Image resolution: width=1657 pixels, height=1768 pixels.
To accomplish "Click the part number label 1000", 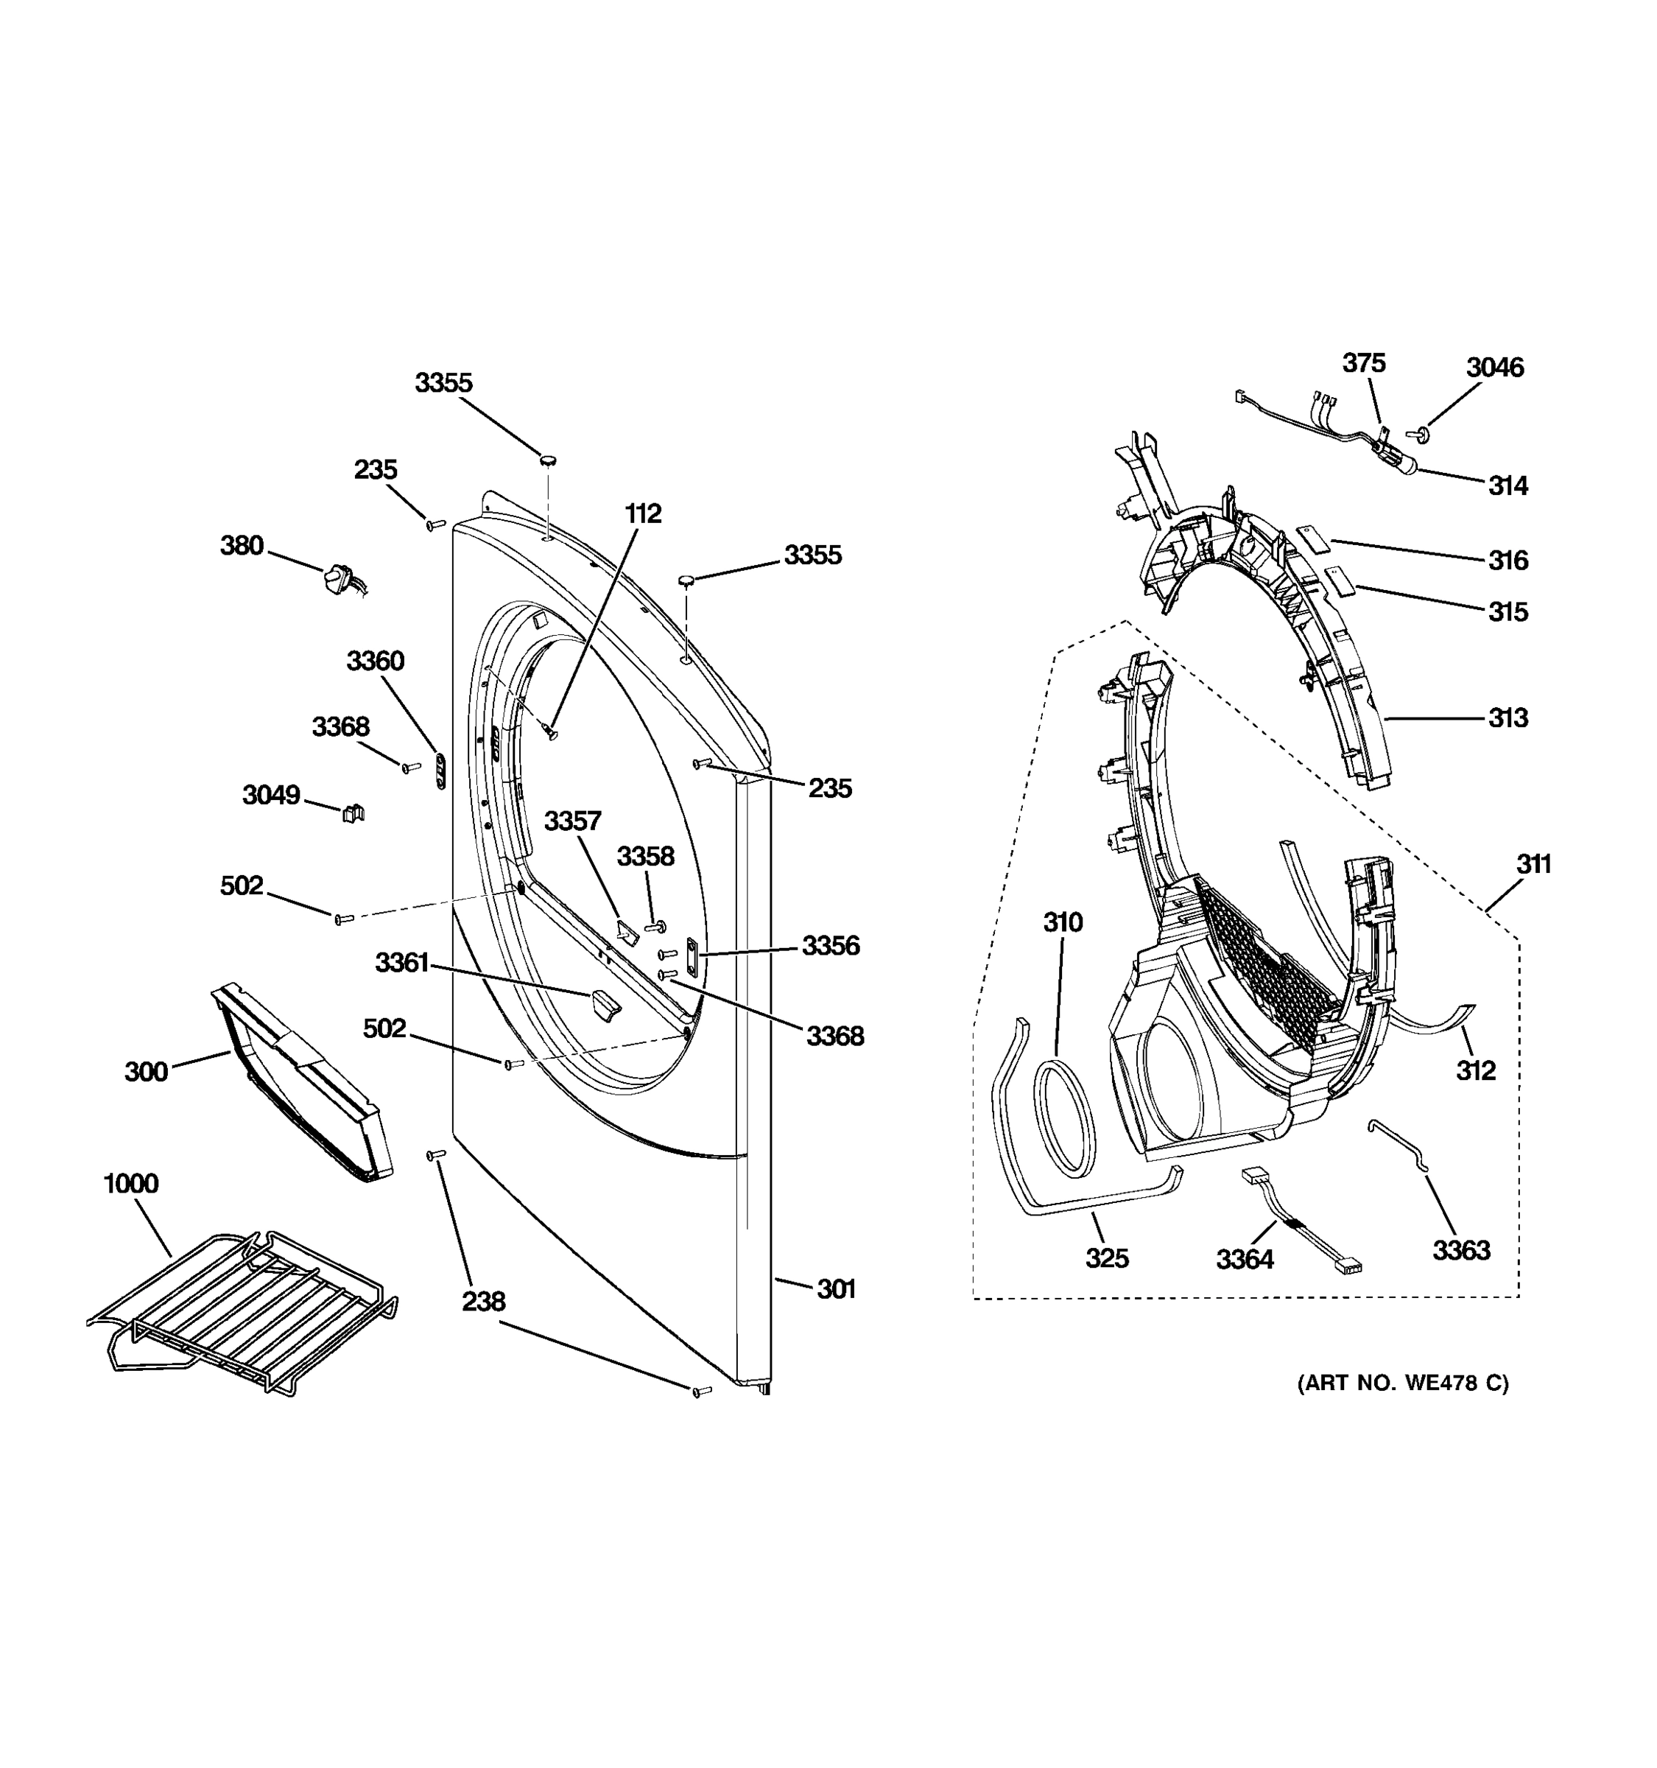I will click(130, 1184).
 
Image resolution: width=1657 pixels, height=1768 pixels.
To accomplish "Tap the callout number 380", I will click(242, 545).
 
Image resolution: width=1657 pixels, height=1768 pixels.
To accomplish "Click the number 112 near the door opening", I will click(643, 513).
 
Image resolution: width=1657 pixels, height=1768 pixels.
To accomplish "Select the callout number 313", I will click(1508, 718).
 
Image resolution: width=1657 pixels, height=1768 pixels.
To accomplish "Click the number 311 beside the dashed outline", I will click(1533, 863).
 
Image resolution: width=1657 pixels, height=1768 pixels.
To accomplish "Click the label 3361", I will click(402, 962).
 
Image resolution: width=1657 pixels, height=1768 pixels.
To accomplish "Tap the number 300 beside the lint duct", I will click(146, 1072).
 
